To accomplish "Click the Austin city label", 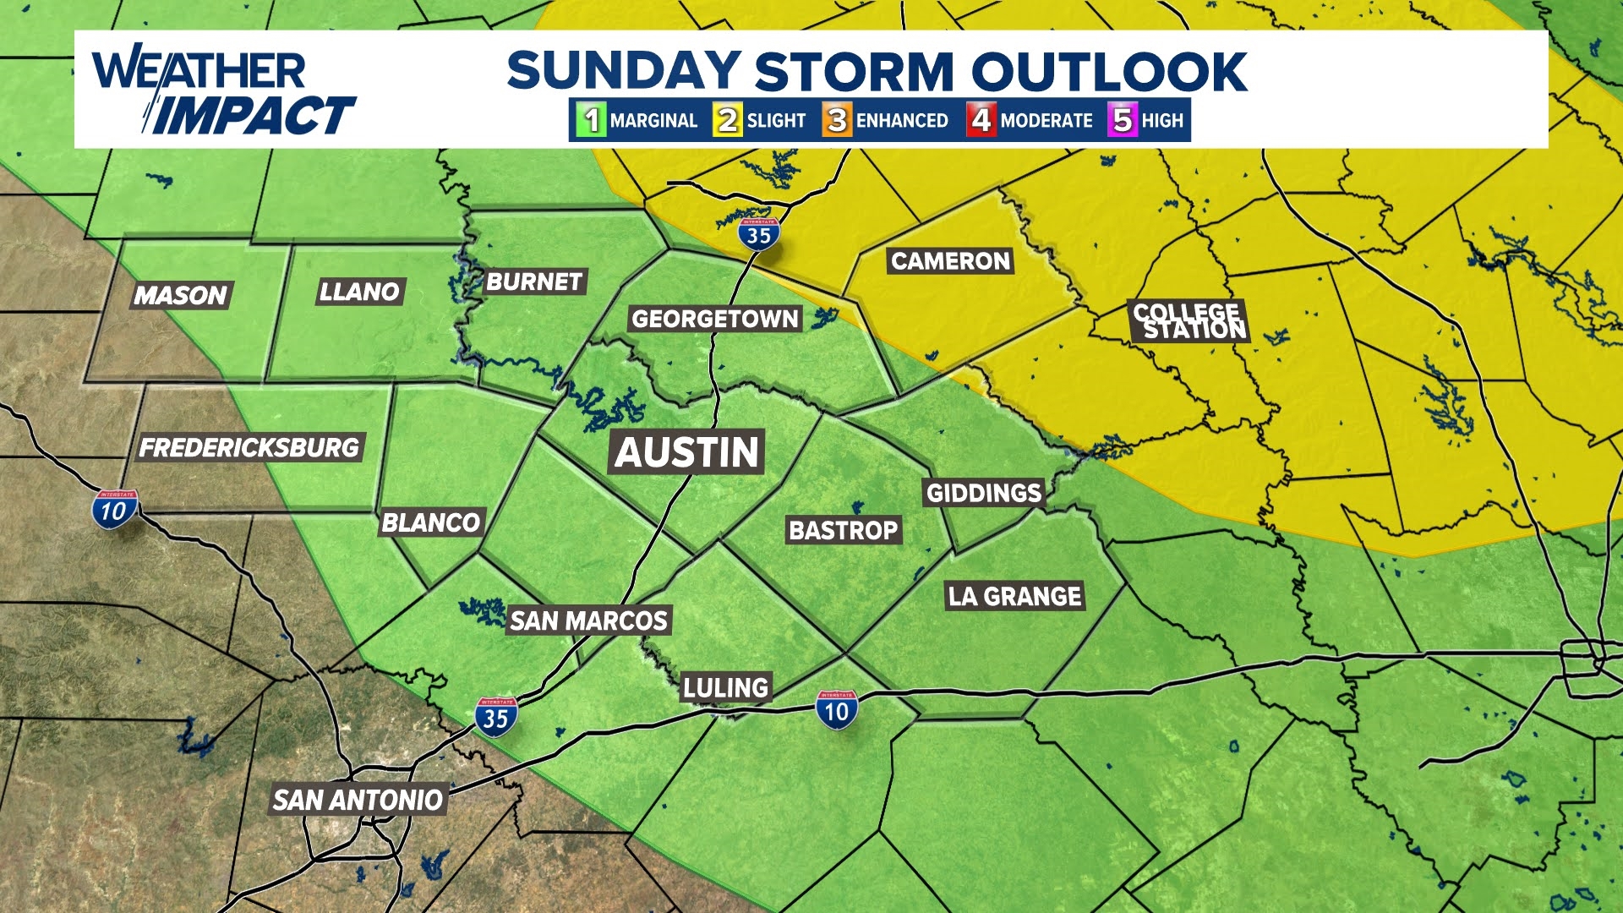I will [x=687, y=452].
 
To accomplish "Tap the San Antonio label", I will [x=358, y=800].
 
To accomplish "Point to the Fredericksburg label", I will [x=249, y=447].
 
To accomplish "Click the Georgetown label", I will [x=715, y=319].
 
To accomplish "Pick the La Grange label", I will [x=1014, y=596].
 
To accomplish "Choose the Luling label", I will [x=726, y=688].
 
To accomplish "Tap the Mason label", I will [x=180, y=295].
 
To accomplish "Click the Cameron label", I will [x=950, y=261].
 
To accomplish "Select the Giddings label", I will [x=984, y=493].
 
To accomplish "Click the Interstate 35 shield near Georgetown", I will [x=758, y=234].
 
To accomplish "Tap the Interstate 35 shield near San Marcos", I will [x=496, y=717].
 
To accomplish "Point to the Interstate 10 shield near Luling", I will [x=837, y=710].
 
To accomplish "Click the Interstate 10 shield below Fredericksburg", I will [x=114, y=510].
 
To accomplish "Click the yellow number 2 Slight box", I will [x=727, y=120].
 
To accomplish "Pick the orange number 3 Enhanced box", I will [x=837, y=120].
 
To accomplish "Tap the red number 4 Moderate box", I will [x=981, y=120].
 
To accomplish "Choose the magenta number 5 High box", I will [x=1123, y=120].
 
